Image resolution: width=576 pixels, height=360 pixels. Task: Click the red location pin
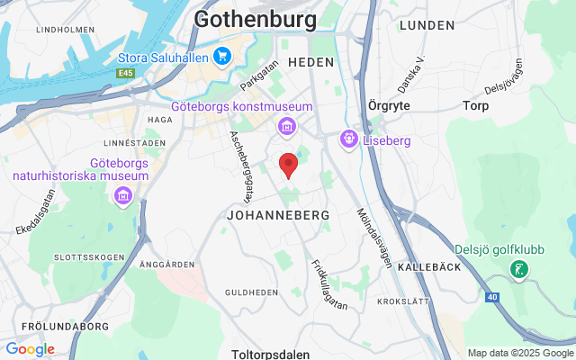pos(288,166)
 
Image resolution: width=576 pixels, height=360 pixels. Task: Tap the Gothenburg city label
pos(256,19)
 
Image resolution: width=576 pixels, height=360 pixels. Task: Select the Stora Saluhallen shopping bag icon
pos(222,57)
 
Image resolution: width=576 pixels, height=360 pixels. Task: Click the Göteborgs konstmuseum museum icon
pos(285,125)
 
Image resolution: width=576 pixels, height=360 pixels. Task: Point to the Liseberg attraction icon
pos(348,140)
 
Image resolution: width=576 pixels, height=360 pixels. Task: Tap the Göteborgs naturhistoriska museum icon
pos(124,196)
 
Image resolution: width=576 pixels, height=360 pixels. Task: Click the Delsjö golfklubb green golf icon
pos(518,268)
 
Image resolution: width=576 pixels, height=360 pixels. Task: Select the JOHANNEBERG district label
pos(278,216)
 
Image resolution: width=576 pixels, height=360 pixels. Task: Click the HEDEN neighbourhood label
pos(311,62)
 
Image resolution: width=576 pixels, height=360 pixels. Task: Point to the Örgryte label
pos(390,104)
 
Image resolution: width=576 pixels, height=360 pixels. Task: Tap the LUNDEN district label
pos(427,25)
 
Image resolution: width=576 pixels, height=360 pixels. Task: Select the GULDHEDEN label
pos(250,292)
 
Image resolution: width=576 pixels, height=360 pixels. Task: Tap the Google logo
pos(30,349)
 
